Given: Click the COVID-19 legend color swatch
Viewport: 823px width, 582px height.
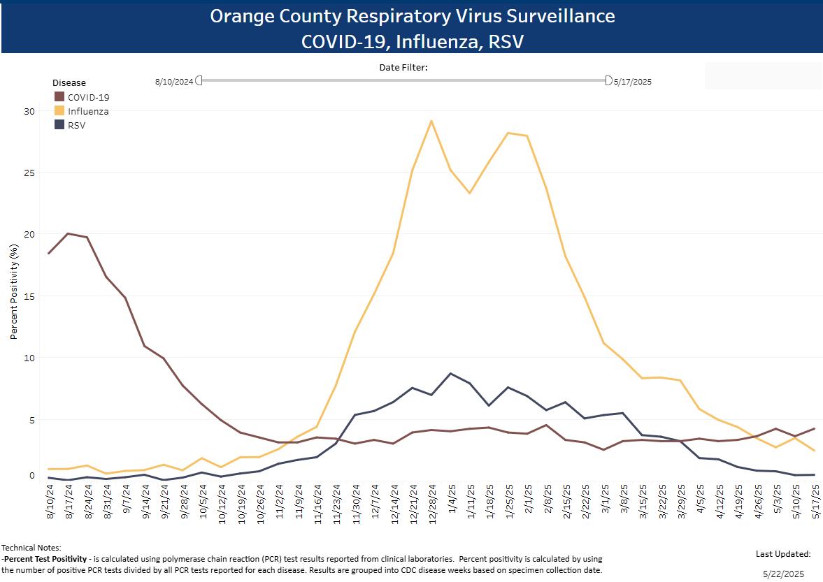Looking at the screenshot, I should click(59, 97).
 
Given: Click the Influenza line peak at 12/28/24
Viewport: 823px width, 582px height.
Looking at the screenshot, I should click(431, 121).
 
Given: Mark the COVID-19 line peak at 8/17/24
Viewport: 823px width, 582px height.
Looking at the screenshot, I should click(68, 233).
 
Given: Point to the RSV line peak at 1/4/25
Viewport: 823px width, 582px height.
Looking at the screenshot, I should click(450, 374).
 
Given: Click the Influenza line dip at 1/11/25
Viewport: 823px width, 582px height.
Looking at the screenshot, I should click(470, 193).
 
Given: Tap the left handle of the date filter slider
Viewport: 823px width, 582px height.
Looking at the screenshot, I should click(199, 80).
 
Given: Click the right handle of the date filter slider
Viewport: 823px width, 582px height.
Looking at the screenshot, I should click(608, 80).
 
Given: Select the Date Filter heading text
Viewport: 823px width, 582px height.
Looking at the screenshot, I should click(403, 68).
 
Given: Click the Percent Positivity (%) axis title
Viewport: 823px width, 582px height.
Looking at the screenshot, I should click(13, 292).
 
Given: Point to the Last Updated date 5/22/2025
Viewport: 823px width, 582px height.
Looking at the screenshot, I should click(782, 573).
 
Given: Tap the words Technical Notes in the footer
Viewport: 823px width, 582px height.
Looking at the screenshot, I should click(31, 548).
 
